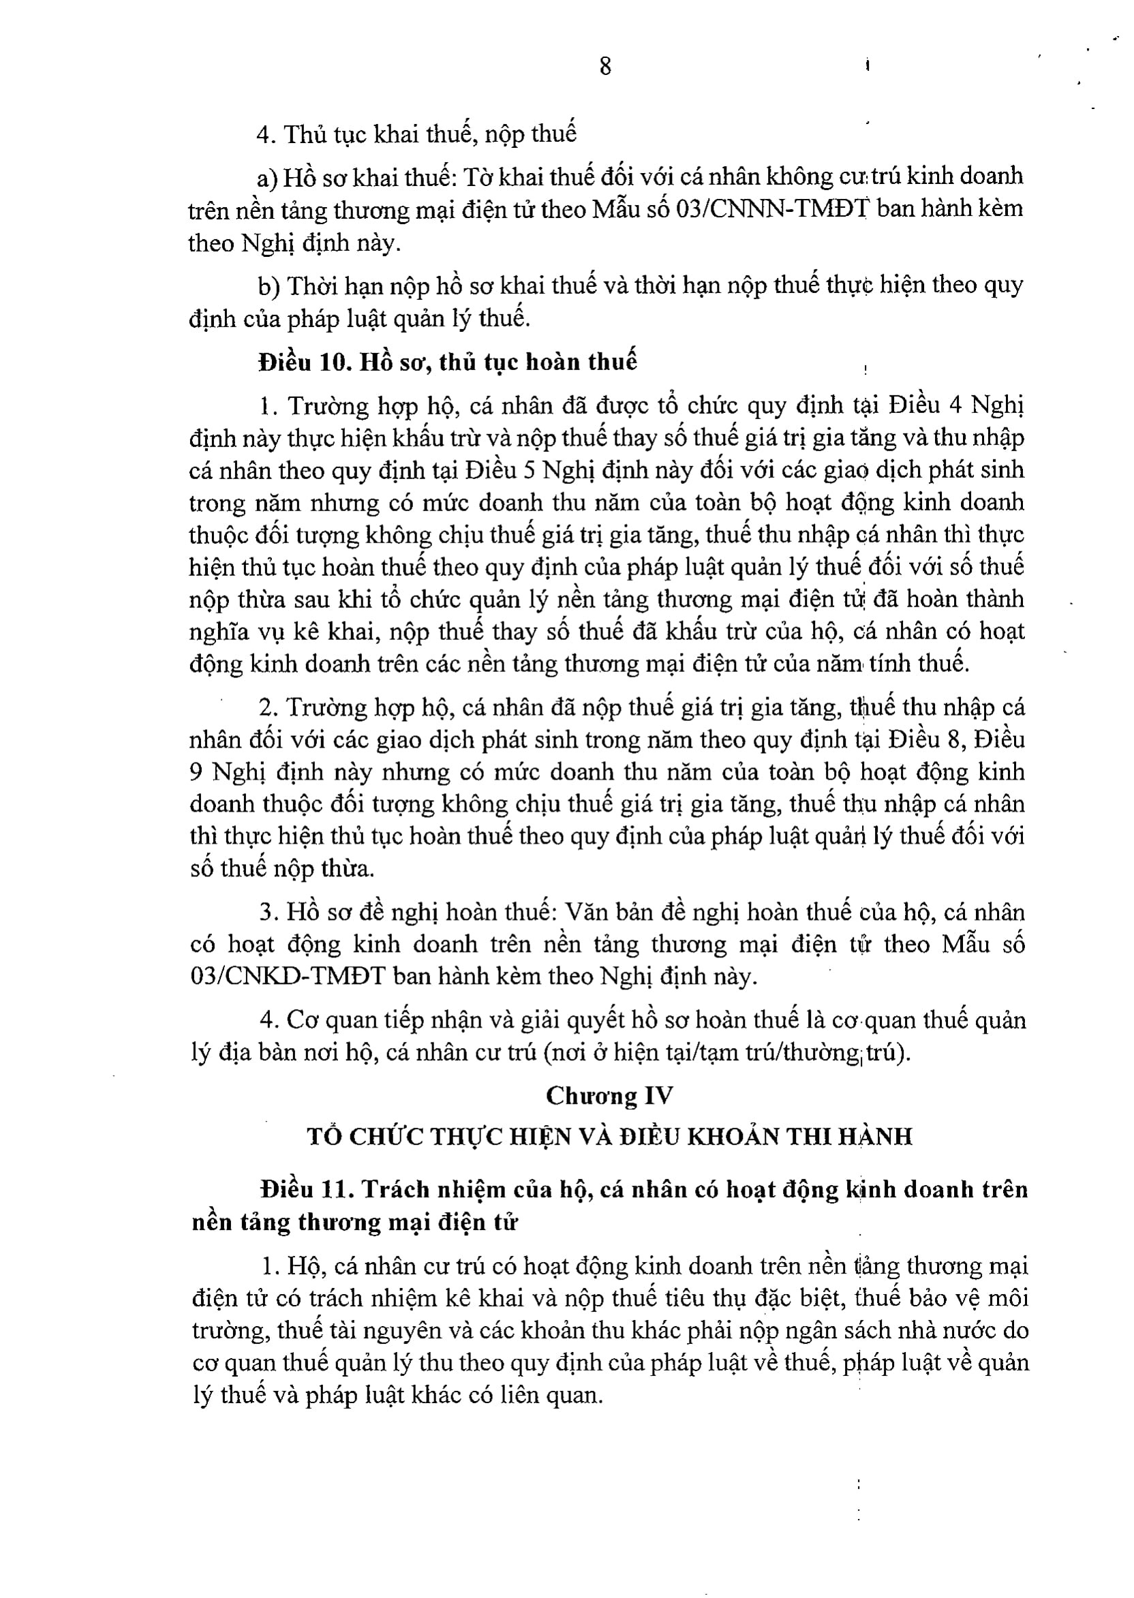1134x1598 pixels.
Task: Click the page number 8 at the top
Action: point(604,66)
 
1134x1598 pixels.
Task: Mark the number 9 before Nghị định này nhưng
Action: point(196,772)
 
